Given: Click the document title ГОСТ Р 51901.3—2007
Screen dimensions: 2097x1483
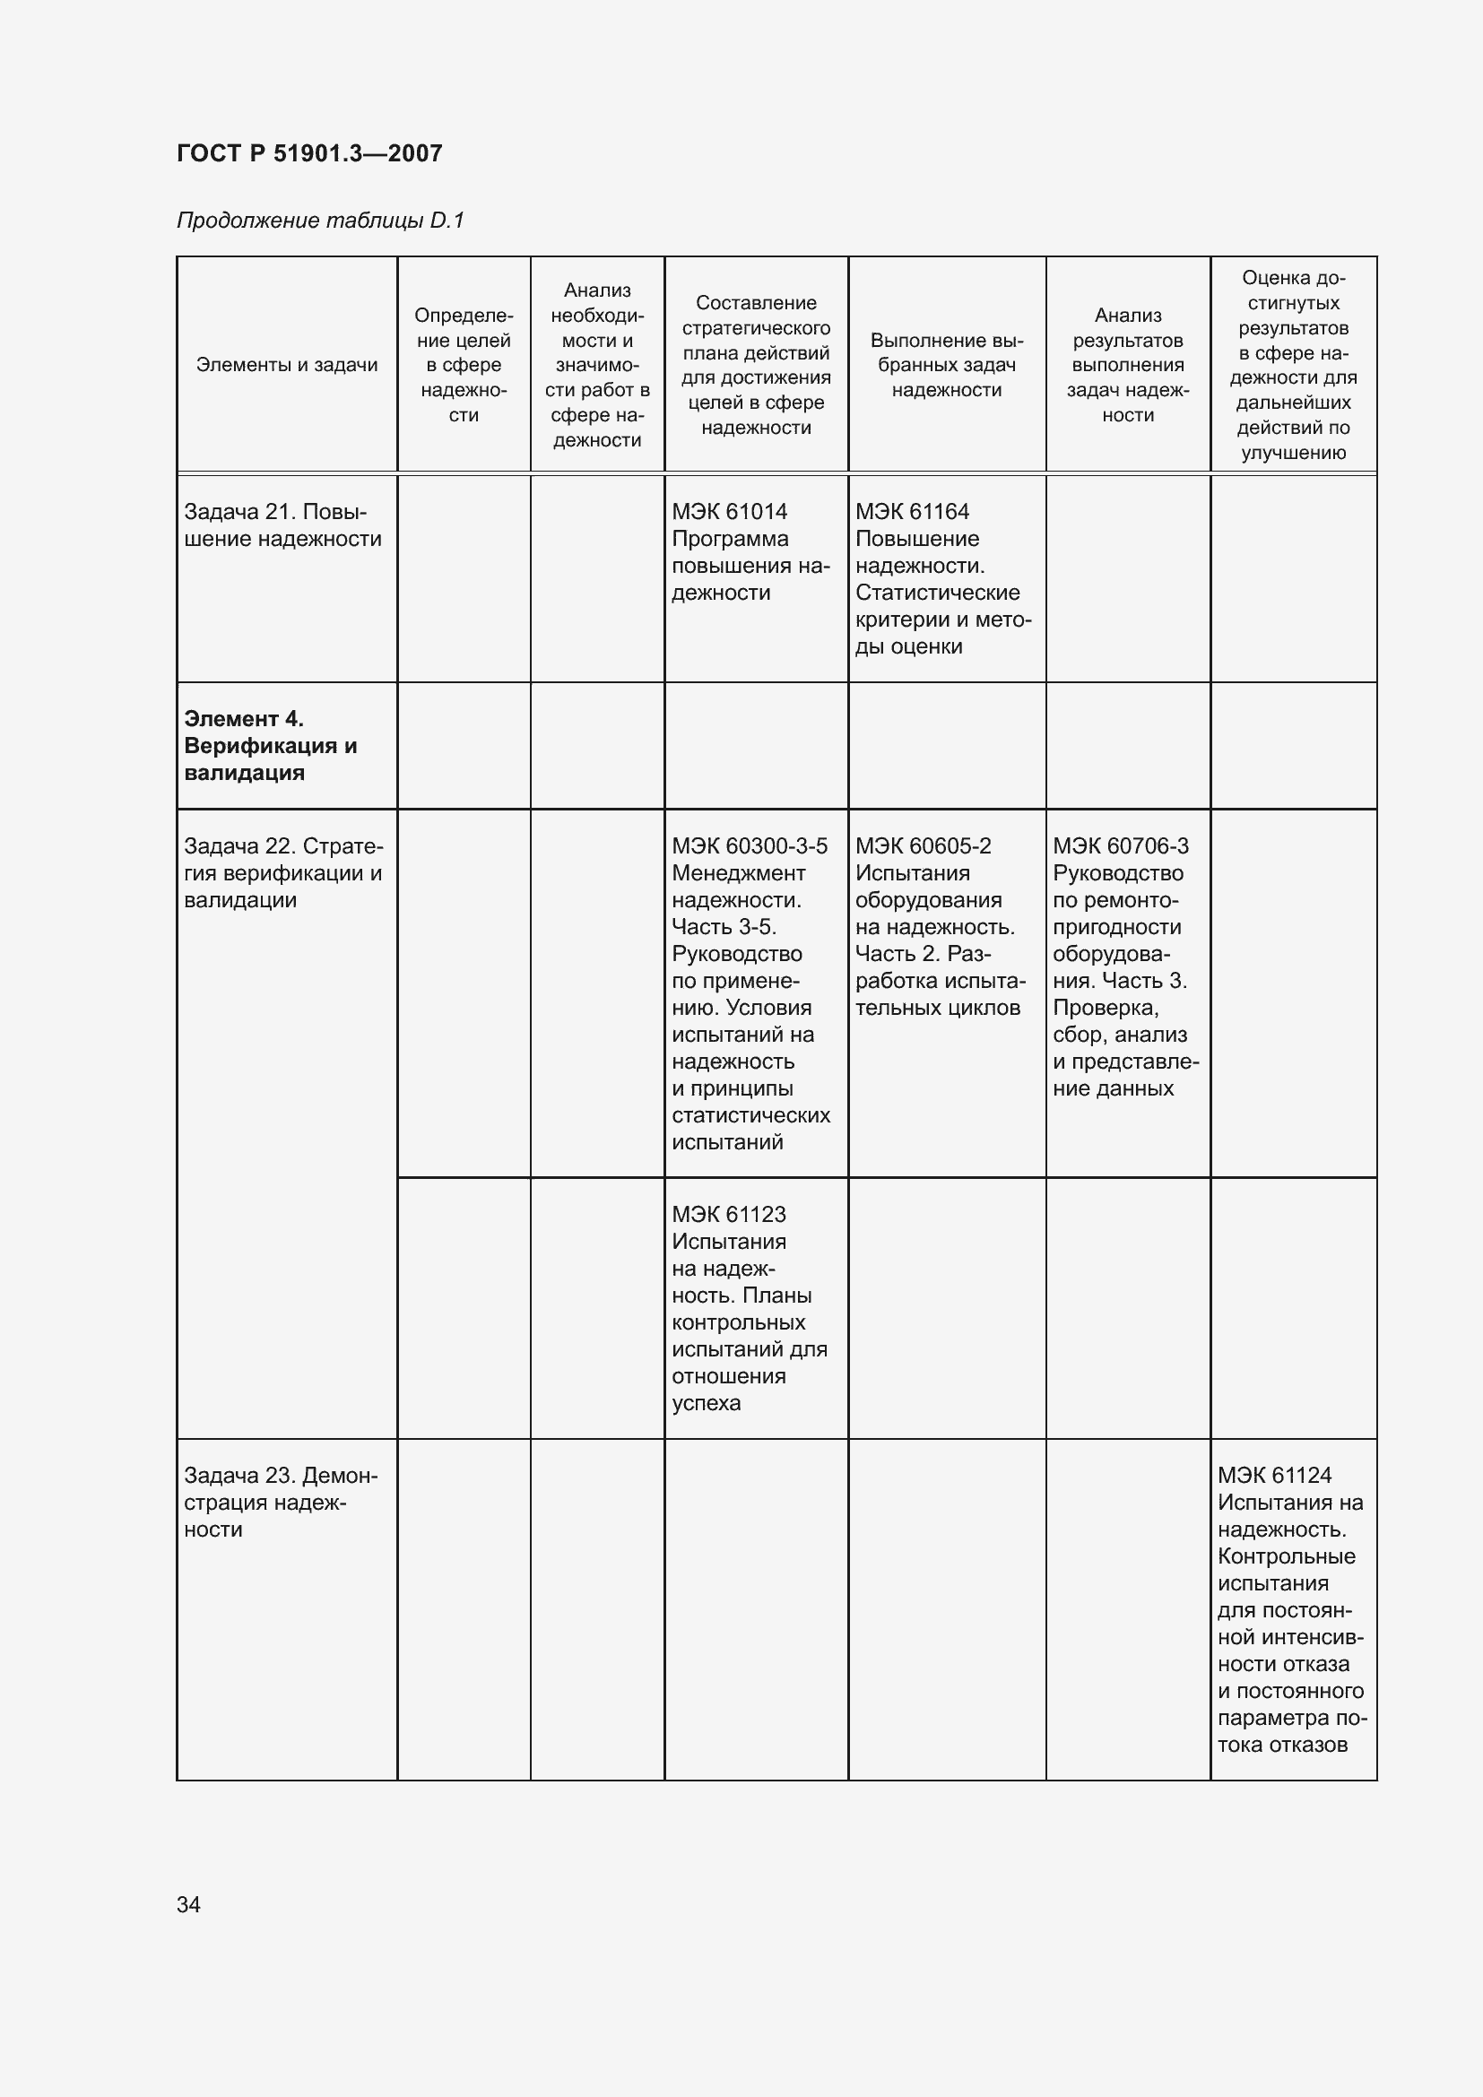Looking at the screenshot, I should pyautogui.click(x=309, y=153).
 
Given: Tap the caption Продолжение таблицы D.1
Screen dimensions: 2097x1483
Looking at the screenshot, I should pyautogui.click(x=320, y=221).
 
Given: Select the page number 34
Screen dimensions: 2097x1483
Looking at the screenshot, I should pyautogui.click(x=188, y=1904).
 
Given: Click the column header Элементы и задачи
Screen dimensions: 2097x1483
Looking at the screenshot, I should pyautogui.click(x=287, y=365).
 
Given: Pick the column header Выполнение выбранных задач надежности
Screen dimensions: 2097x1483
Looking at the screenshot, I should pyautogui.click(x=947, y=365).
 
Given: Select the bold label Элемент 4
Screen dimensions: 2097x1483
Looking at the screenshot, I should pyautogui.click(x=244, y=719).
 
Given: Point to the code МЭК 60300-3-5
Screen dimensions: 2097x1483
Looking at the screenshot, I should pyautogui.click(x=750, y=845).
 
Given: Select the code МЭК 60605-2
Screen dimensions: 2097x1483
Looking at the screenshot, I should pyautogui.click(x=924, y=845).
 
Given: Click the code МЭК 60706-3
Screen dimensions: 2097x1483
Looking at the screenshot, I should pyautogui.click(x=1121, y=845).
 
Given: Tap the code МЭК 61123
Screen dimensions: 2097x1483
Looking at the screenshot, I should pyautogui.click(x=729, y=1214).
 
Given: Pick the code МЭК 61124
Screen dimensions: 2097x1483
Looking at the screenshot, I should pyautogui.click(x=1274, y=1475).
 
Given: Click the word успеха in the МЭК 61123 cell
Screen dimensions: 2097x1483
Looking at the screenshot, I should pyautogui.click(x=706, y=1403).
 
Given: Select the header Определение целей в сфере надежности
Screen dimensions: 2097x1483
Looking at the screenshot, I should pyautogui.click(x=464, y=365).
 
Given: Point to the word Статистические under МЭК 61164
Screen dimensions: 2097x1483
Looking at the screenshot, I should pyautogui.click(x=937, y=593).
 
